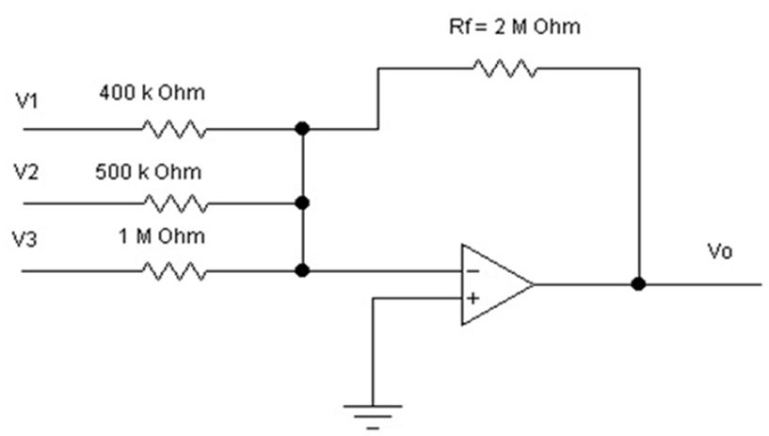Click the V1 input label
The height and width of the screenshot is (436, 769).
click(26, 101)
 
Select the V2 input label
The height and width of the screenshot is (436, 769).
click(26, 172)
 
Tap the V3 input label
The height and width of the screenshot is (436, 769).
click(24, 240)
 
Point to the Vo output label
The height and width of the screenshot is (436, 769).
click(719, 251)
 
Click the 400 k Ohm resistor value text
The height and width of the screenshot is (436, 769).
click(152, 92)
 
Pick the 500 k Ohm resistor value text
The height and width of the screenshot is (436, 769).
click(148, 172)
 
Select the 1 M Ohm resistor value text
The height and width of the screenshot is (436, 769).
click(161, 236)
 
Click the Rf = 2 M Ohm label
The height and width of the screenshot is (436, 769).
click(515, 27)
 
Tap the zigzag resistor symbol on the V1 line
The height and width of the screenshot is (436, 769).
click(174, 129)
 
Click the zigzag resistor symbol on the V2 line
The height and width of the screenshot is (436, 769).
click(176, 203)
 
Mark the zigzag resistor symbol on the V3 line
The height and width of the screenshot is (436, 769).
click(174, 270)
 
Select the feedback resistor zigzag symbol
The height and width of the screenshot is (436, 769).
click(505, 69)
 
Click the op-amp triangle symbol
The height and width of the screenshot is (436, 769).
click(497, 284)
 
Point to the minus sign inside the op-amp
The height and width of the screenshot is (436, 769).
click(473, 271)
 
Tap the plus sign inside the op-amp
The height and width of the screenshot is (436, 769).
click(473, 299)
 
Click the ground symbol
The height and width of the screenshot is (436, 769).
click(373, 417)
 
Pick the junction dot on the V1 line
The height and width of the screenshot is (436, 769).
click(302, 129)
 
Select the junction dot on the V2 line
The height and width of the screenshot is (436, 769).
click(302, 203)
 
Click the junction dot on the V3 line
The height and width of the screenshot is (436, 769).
click(302, 270)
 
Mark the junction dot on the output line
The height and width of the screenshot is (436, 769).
click(638, 283)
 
